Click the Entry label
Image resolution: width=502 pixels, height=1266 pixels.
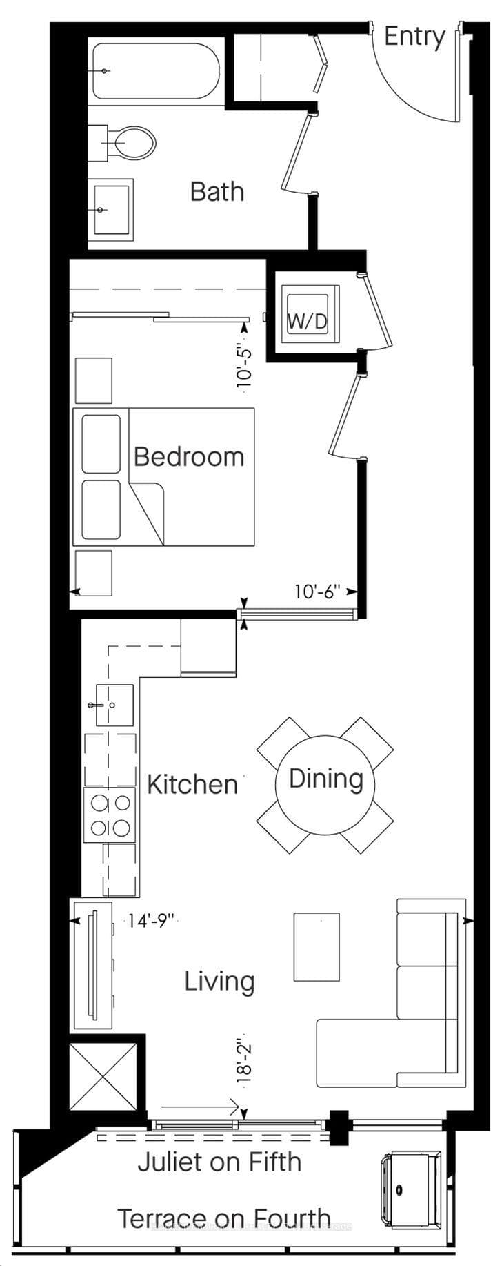(x=414, y=37)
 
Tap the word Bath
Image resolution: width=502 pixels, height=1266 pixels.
(x=217, y=191)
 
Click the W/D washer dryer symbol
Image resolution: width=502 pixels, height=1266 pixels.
(x=308, y=315)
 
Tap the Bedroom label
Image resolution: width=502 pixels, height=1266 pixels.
(x=189, y=456)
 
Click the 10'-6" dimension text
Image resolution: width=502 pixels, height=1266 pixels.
(x=318, y=592)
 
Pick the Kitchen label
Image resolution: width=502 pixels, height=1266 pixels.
(x=193, y=784)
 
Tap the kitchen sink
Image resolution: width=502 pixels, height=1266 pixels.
(x=114, y=705)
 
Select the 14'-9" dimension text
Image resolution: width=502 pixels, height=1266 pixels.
(x=152, y=920)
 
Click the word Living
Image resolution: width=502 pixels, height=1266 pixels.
(x=219, y=981)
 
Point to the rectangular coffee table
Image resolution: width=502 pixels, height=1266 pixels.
(x=317, y=947)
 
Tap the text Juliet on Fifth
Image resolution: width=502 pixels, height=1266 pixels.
(x=220, y=1162)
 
